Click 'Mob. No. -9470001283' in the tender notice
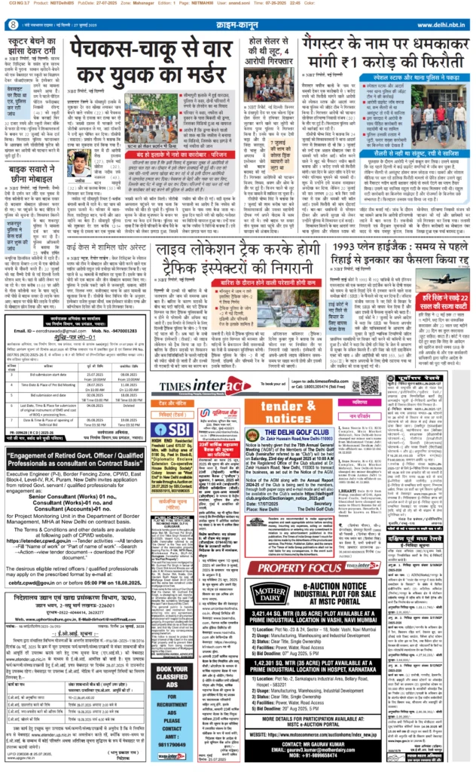110,329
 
